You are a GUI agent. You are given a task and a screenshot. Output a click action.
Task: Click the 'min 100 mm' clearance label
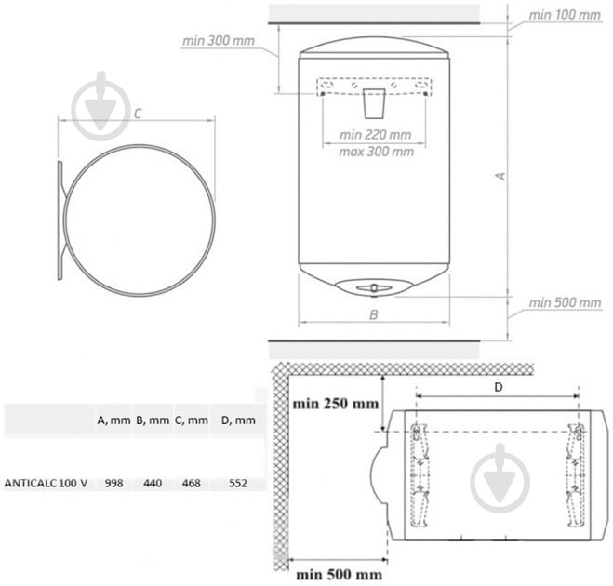(565, 15)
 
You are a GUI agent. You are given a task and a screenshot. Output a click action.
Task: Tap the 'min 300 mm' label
(219, 41)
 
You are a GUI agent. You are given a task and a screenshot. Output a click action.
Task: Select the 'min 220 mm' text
(375, 135)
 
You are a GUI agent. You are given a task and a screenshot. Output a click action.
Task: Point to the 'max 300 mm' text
(376, 152)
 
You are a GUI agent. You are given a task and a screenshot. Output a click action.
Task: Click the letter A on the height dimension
(500, 177)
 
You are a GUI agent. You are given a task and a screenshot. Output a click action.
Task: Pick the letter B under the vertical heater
(374, 314)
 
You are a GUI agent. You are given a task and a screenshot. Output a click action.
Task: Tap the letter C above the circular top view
(138, 113)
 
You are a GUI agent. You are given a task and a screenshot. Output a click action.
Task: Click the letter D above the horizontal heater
(498, 387)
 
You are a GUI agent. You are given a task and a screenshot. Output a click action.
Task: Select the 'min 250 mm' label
(336, 404)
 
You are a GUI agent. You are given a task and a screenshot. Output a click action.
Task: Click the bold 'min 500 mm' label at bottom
(339, 575)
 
